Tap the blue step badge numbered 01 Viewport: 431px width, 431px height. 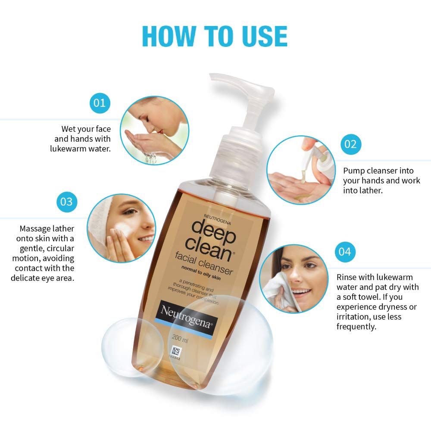coord(100,103)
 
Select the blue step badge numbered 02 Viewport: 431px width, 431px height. coord(351,144)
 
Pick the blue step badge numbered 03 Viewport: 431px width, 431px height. coord(67,201)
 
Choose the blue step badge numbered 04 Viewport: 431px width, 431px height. coord(345,252)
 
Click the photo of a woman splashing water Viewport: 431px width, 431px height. coord(154,131)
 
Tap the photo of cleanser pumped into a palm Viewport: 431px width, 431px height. coord(300,170)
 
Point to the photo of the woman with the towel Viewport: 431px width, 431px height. coord(294,278)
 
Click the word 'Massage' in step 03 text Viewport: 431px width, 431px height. coord(36,228)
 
